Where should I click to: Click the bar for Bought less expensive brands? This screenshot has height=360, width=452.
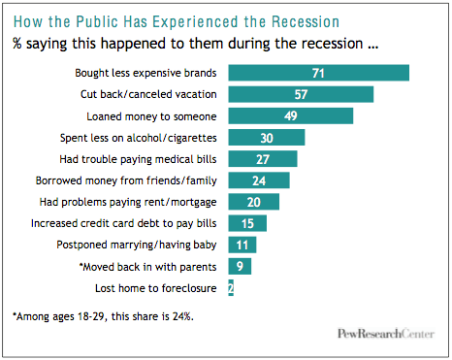[317, 73]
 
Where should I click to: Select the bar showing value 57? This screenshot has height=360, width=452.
[300, 94]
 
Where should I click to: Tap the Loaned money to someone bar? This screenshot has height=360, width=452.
[289, 115]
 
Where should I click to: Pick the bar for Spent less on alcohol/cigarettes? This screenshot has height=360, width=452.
[266, 137]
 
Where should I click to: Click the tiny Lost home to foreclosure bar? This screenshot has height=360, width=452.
[230, 287]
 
